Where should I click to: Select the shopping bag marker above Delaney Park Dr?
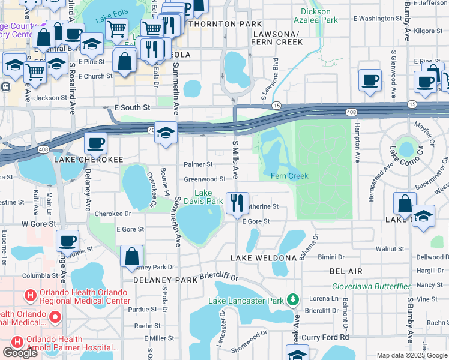(x=131, y=256)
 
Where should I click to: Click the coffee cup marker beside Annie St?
(x=67, y=241)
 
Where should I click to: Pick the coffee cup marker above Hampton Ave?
(x=370, y=80)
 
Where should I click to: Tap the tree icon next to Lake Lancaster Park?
(x=293, y=299)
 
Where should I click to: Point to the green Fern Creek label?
(x=289, y=176)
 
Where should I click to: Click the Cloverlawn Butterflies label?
(x=372, y=287)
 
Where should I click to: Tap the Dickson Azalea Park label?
(x=316, y=16)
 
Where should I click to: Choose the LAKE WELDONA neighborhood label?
(x=264, y=257)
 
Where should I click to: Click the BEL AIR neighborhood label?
(x=345, y=271)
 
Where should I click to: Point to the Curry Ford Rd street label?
(x=325, y=338)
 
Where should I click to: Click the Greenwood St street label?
(x=204, y=179)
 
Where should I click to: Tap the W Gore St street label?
(x=38, y=224)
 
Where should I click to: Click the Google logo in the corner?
(x=20, y=353)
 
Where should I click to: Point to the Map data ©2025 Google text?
(x=411, y=355)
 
